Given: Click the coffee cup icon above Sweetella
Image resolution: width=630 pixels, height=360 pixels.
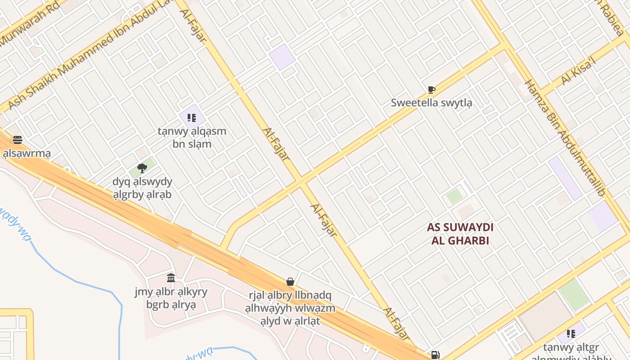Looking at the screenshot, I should [431, 90].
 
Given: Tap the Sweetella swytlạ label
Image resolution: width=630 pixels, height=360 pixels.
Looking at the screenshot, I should [431, 103].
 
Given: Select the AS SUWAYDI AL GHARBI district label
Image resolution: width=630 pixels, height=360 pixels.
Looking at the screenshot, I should [460, 234].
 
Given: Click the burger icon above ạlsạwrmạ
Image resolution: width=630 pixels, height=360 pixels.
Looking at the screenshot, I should [18, 139].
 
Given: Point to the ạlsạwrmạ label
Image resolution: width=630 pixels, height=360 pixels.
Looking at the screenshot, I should [27, 153].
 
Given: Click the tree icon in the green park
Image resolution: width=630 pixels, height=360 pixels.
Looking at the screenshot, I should [142, 168].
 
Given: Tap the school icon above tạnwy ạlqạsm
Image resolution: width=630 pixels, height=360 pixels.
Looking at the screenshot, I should [192, 118].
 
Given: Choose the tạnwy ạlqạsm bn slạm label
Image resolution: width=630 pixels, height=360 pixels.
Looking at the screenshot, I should [192, 138].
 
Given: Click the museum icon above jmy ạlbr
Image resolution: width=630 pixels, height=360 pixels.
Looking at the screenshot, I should [171, 278].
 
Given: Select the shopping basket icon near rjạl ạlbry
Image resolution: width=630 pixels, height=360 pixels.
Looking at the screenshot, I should [290, 282].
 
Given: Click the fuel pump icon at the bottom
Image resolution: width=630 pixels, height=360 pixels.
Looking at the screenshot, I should [435, 355].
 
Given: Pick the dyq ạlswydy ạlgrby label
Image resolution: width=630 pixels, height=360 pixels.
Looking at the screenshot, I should [142, 188].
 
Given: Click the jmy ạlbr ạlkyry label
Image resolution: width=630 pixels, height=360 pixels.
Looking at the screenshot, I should [171, 298].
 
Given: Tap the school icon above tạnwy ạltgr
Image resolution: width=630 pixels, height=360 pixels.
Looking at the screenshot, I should [571, 333].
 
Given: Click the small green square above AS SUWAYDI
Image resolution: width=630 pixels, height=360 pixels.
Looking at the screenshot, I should [454, 196].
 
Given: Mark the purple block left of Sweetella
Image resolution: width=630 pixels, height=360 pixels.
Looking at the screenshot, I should [283, 57].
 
